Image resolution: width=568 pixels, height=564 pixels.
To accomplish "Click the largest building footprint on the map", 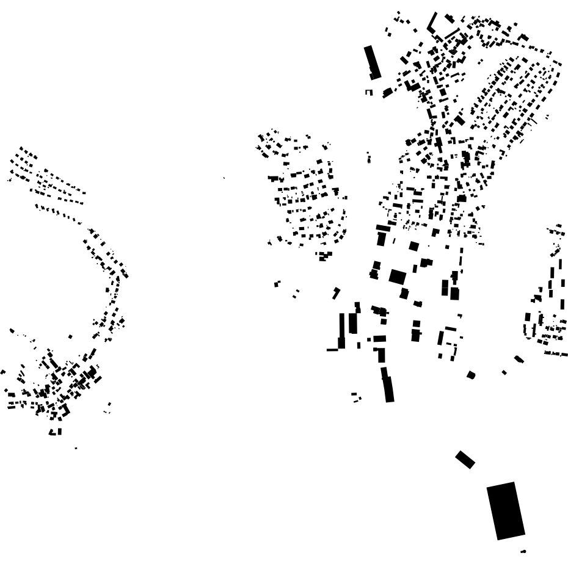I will pos(506,510).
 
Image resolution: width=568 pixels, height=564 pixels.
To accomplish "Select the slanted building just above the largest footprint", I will pos(465,459).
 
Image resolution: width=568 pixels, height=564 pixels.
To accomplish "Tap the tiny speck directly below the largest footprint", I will pos(523,551).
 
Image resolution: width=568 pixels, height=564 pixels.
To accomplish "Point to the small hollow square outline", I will pos(368,92).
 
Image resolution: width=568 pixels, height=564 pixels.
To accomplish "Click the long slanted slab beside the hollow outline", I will pos(372,62).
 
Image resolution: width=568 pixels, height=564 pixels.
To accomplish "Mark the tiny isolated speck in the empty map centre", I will pos(224,178).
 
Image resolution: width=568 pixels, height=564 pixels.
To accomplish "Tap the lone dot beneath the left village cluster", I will pos(76,448).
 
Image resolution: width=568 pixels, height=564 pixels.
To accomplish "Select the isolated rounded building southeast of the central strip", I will pos(471,375).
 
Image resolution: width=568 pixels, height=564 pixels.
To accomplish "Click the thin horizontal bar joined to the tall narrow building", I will pos(332,350).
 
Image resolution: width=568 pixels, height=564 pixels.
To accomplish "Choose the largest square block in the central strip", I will pos(397,277).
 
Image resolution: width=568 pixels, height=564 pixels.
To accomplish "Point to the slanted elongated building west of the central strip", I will pos(336,293).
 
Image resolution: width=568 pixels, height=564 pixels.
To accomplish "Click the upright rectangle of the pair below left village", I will pos(59,431).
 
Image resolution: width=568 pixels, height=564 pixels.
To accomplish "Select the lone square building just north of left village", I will pos(70,336).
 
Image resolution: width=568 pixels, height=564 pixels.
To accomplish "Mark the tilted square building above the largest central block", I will pos(413,246).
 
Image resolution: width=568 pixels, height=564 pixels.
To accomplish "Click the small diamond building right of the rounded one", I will pos(504,372).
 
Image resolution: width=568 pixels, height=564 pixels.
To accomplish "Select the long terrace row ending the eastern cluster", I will pos(555,353).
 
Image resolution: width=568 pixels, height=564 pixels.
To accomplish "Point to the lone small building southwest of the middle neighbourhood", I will pos(277,283).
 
